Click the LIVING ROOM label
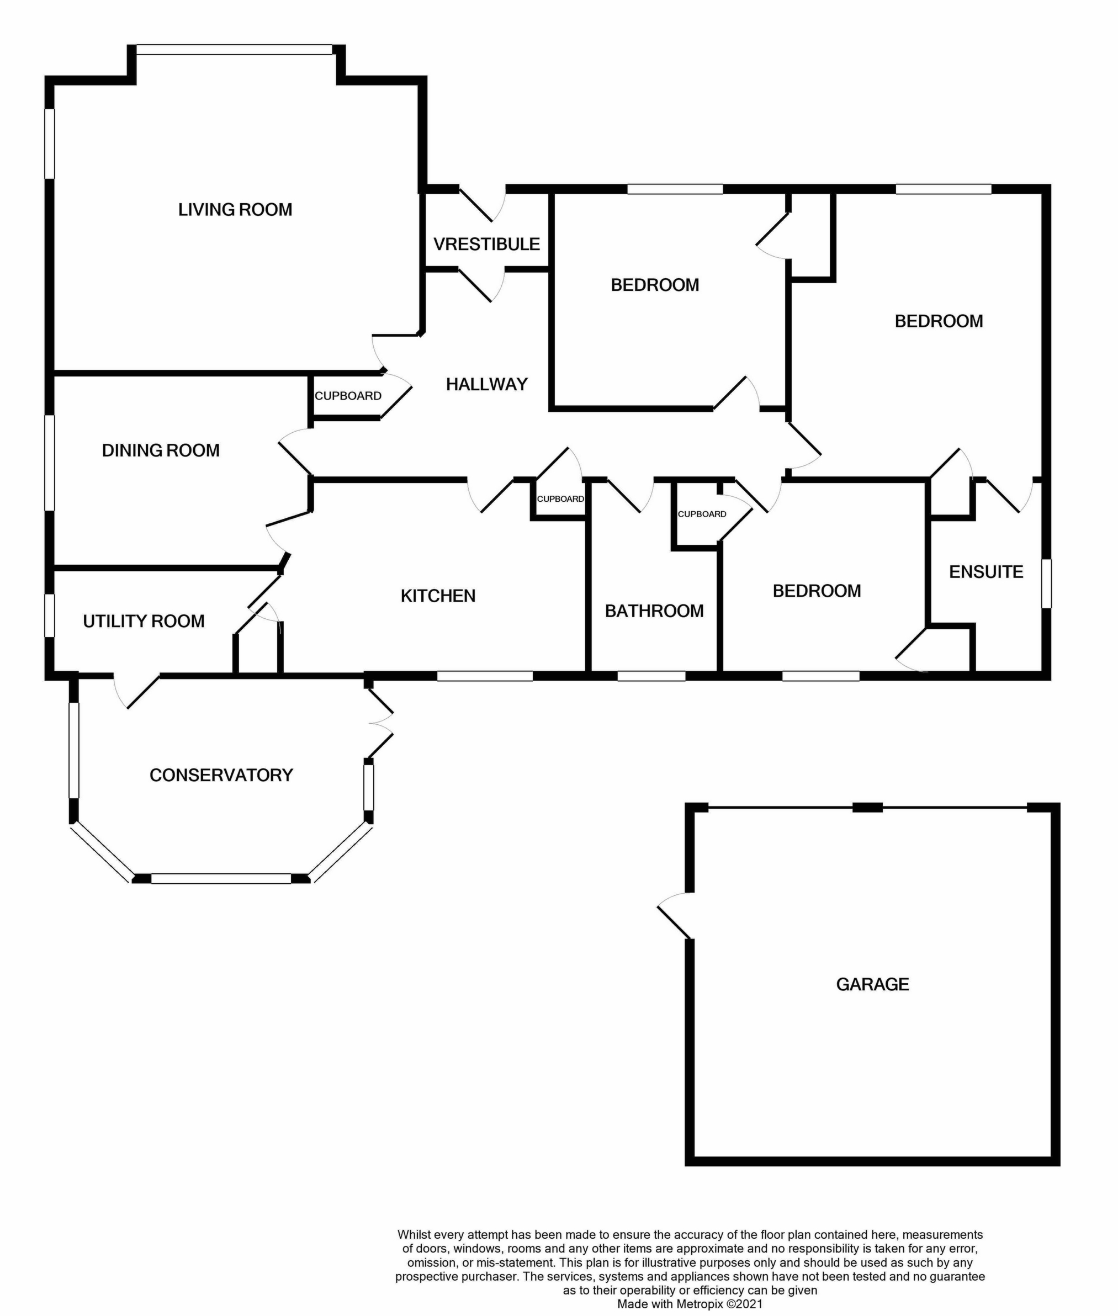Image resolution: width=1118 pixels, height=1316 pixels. coord(235,210)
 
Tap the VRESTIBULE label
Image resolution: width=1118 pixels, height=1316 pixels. coord(487,244)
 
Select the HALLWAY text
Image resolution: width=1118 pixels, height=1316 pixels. coord(487,384)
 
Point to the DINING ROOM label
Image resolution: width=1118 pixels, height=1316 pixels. coord(161,450)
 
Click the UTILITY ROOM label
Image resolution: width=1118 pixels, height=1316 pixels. coord(144,621)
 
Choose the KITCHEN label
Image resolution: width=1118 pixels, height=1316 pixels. coord(438,596)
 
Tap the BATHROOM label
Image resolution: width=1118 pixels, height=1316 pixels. coord(654,611)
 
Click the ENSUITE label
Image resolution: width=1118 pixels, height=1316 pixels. coord(986,572)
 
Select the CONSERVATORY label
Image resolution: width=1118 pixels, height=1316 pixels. coord(221,775)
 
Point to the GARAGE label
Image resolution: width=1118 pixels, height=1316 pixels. coord(873,984)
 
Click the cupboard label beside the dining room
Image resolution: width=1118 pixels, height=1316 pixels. coord(348,396)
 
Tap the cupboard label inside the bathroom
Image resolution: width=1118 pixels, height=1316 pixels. coord(702,514)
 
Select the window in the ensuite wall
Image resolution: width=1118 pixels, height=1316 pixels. coord(1046,583)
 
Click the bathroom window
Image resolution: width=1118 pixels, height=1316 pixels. coord(651,676)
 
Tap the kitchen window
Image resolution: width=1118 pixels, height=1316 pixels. coord(485,676)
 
